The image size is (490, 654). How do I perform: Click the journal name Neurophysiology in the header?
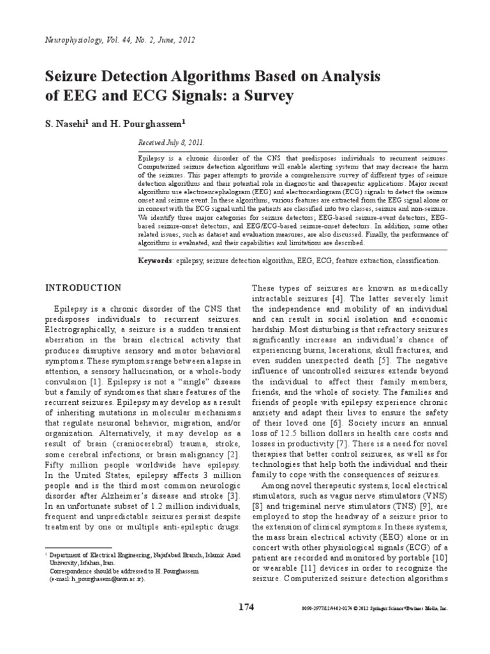coord(72,40)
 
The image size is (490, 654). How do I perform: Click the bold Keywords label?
coord(155,261)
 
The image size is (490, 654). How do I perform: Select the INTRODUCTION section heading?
coord(83,288)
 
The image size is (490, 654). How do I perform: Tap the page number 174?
coord(244,607)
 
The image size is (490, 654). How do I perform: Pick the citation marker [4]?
coord(338,299)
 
